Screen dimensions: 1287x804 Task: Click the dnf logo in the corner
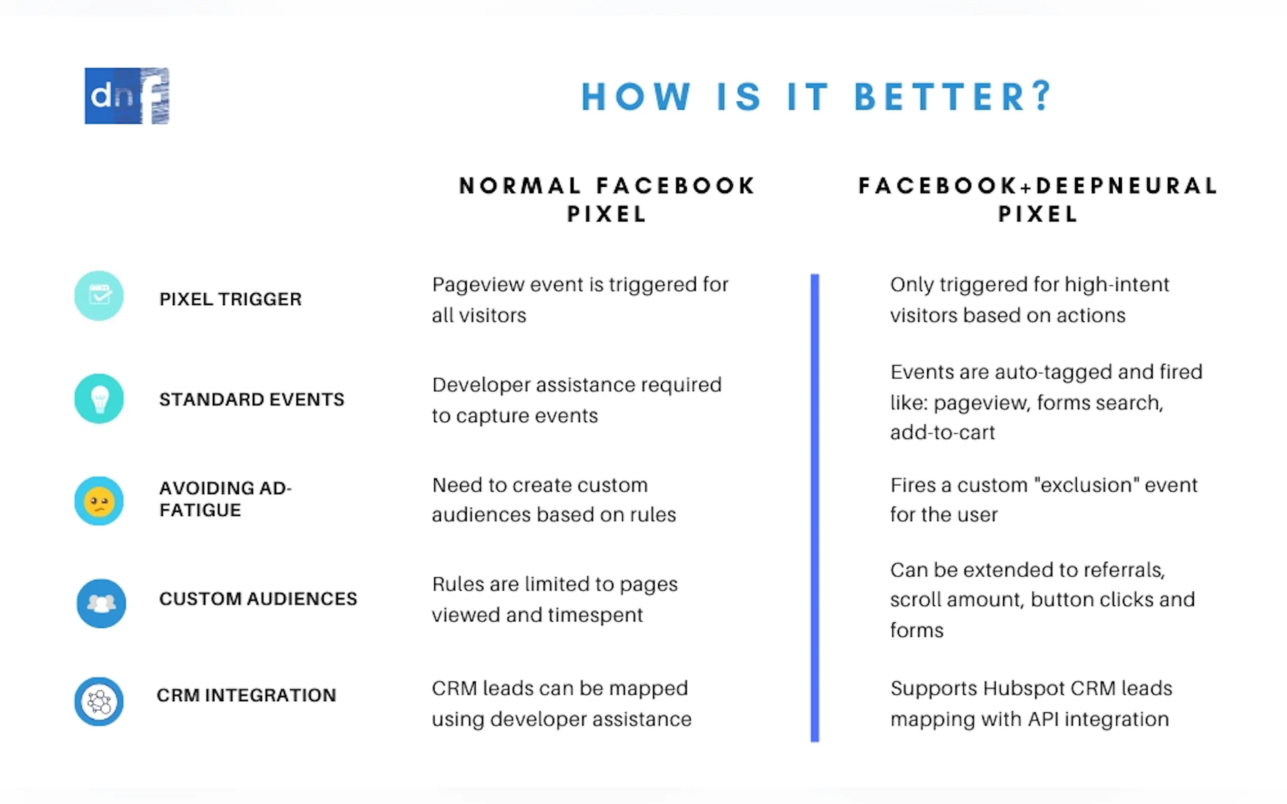[127, 96]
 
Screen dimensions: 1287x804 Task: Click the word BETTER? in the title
[953, 97]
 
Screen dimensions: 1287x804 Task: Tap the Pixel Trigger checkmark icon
[99, 296]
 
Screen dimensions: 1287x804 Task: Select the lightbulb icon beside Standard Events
[99, 398]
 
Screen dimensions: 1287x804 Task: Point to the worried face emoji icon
[99, 501]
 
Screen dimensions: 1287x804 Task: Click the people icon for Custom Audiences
[101, 603]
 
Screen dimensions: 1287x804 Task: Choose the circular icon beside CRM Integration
[99, 702]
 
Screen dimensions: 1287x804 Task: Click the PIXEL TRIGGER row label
[231, 299]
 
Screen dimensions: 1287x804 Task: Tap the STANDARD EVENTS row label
[252, 399]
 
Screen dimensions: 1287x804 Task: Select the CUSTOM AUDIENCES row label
[258, 599]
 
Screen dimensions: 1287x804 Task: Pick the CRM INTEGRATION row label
[246, 695]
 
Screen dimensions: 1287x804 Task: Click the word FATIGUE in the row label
[200, 510]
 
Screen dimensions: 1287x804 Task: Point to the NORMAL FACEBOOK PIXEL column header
[607, 200]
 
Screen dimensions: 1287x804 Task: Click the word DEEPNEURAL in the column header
[1127, 186]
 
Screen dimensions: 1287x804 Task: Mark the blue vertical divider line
[815, 508]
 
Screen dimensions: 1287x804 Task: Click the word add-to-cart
[942, 432]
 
